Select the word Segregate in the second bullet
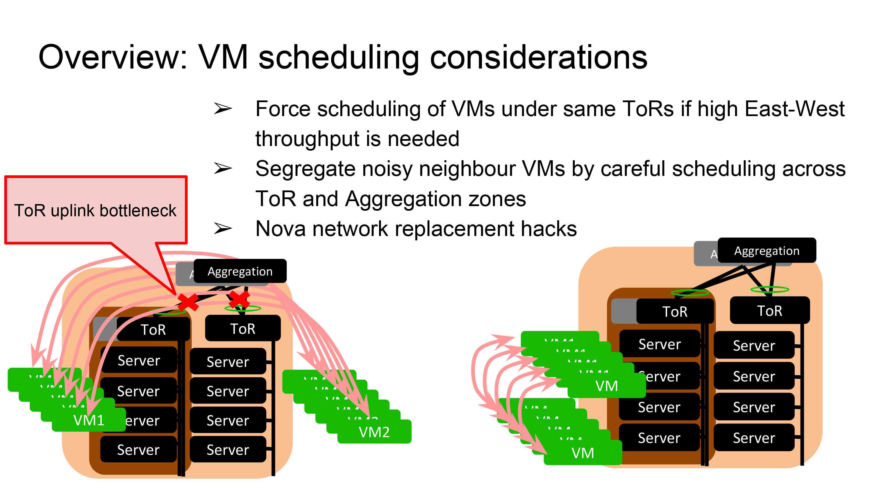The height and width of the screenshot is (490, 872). (x=305, y=168)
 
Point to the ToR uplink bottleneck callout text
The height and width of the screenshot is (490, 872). (x=95, y=210)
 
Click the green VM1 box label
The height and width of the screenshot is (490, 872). (x=89, y=420)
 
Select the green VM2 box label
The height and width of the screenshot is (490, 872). (x=374, y=432)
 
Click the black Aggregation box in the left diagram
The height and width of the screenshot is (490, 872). (x=240, y=271)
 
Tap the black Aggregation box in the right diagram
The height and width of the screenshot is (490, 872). (x=767, y=251)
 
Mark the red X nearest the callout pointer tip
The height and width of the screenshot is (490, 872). (x=188, y=302)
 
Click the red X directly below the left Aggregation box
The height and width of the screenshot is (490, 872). (x=239, y=299)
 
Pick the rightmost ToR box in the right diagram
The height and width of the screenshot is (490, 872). (x=769, y=310)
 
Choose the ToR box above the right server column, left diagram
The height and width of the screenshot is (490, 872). (x=243, y=328)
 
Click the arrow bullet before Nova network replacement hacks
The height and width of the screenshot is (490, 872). (x=223, y=229)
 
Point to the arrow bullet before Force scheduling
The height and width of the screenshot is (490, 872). (x=223, y=109)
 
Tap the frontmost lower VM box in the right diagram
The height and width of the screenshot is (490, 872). (x=582, y=453)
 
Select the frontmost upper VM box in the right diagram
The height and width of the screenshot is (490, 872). (x=607, y=386)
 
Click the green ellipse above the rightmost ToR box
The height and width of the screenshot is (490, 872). (x=769, y=289)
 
